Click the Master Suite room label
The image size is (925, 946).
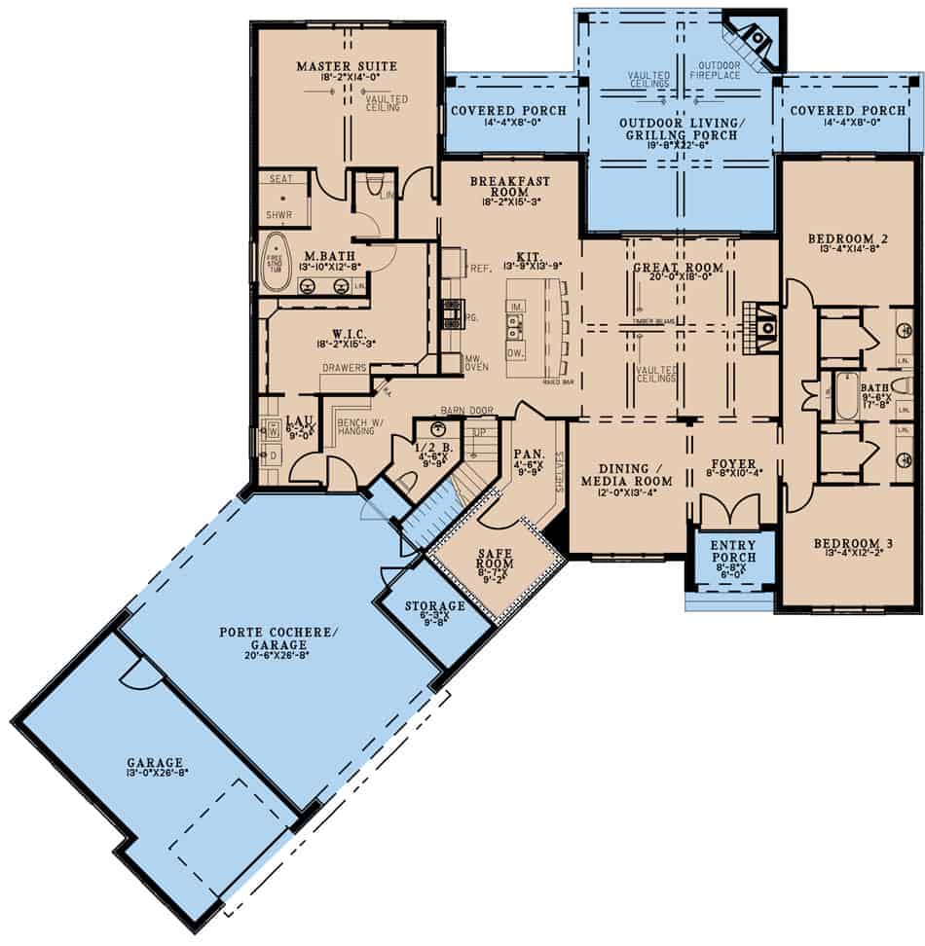click(x=348, y=65)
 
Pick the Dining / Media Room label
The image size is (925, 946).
click(x=627, y=474)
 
